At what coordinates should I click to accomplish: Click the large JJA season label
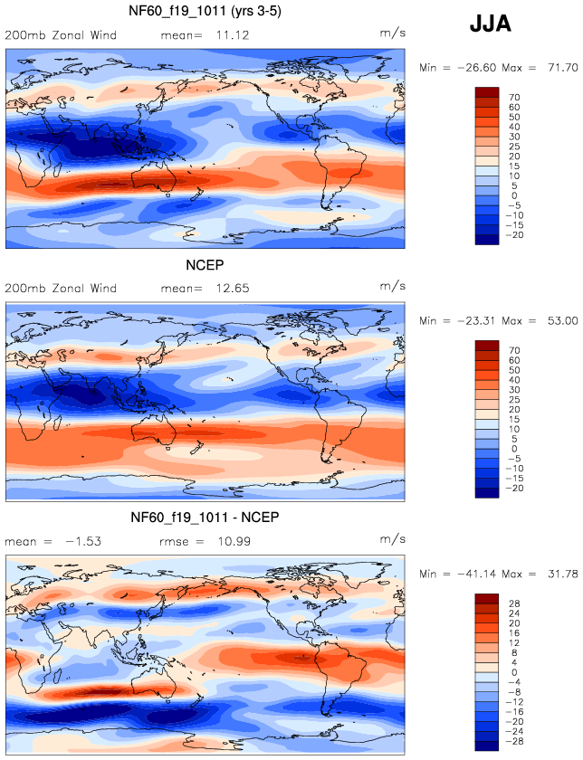point(491,24)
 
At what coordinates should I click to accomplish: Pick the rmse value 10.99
point(232,541)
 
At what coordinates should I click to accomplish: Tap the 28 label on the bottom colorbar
point(514,602)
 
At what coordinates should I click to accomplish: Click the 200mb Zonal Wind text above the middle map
point(61,289)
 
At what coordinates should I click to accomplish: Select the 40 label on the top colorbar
point(514,128)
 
